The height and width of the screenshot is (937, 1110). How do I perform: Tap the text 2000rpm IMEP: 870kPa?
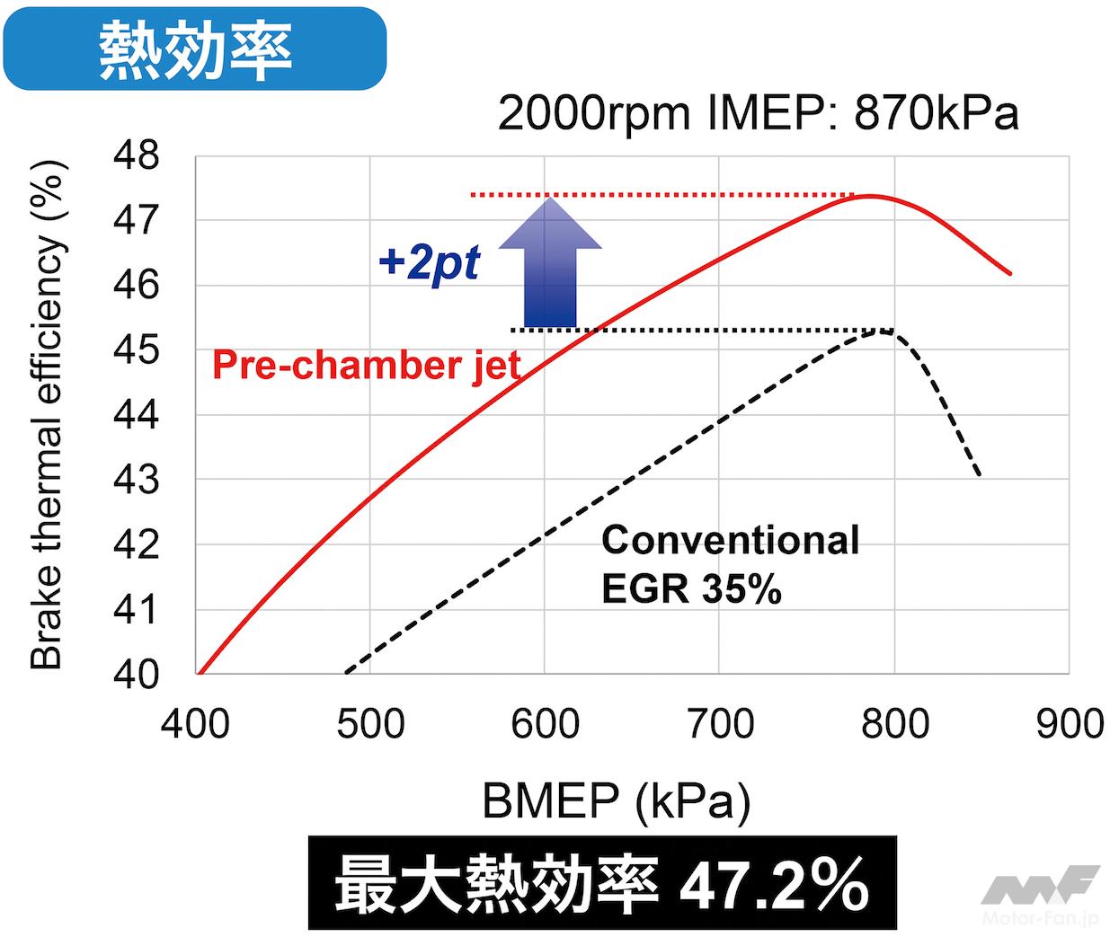(758, 114)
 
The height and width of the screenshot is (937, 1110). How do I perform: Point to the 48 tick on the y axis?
(136, 156)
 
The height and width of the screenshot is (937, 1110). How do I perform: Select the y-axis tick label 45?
(136, 350)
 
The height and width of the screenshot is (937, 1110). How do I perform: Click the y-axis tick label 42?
(136, 545)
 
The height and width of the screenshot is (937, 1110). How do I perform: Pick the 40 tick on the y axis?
(136, 675)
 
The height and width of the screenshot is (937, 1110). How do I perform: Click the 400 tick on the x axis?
(195, 724)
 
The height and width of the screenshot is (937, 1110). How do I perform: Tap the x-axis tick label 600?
(545, 724)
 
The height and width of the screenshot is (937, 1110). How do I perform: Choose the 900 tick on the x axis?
(1069, 724)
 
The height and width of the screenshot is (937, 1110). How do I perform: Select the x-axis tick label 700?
(719, 724)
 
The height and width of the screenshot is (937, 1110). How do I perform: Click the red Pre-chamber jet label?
(366, 366)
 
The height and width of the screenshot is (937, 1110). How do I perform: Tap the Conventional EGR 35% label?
(730, 564)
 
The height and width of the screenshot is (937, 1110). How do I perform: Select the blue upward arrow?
(549, 265)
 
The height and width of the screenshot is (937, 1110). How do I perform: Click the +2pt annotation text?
(429, 263)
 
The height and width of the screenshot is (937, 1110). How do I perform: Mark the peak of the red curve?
(870, 196)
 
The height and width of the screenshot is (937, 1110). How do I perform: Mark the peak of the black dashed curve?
(884, 331)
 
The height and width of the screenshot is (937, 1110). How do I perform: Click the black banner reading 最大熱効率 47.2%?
(601, 884)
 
